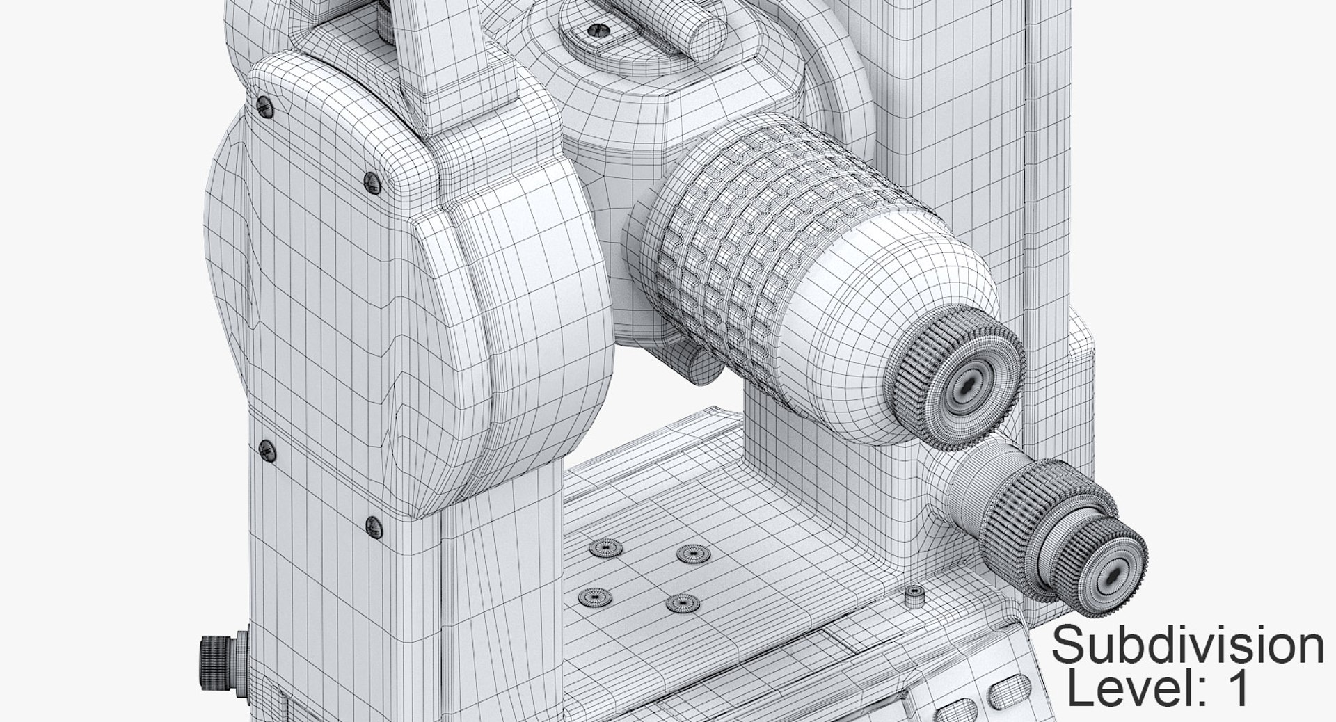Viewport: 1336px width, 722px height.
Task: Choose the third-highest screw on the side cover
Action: (x=266, y=451)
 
